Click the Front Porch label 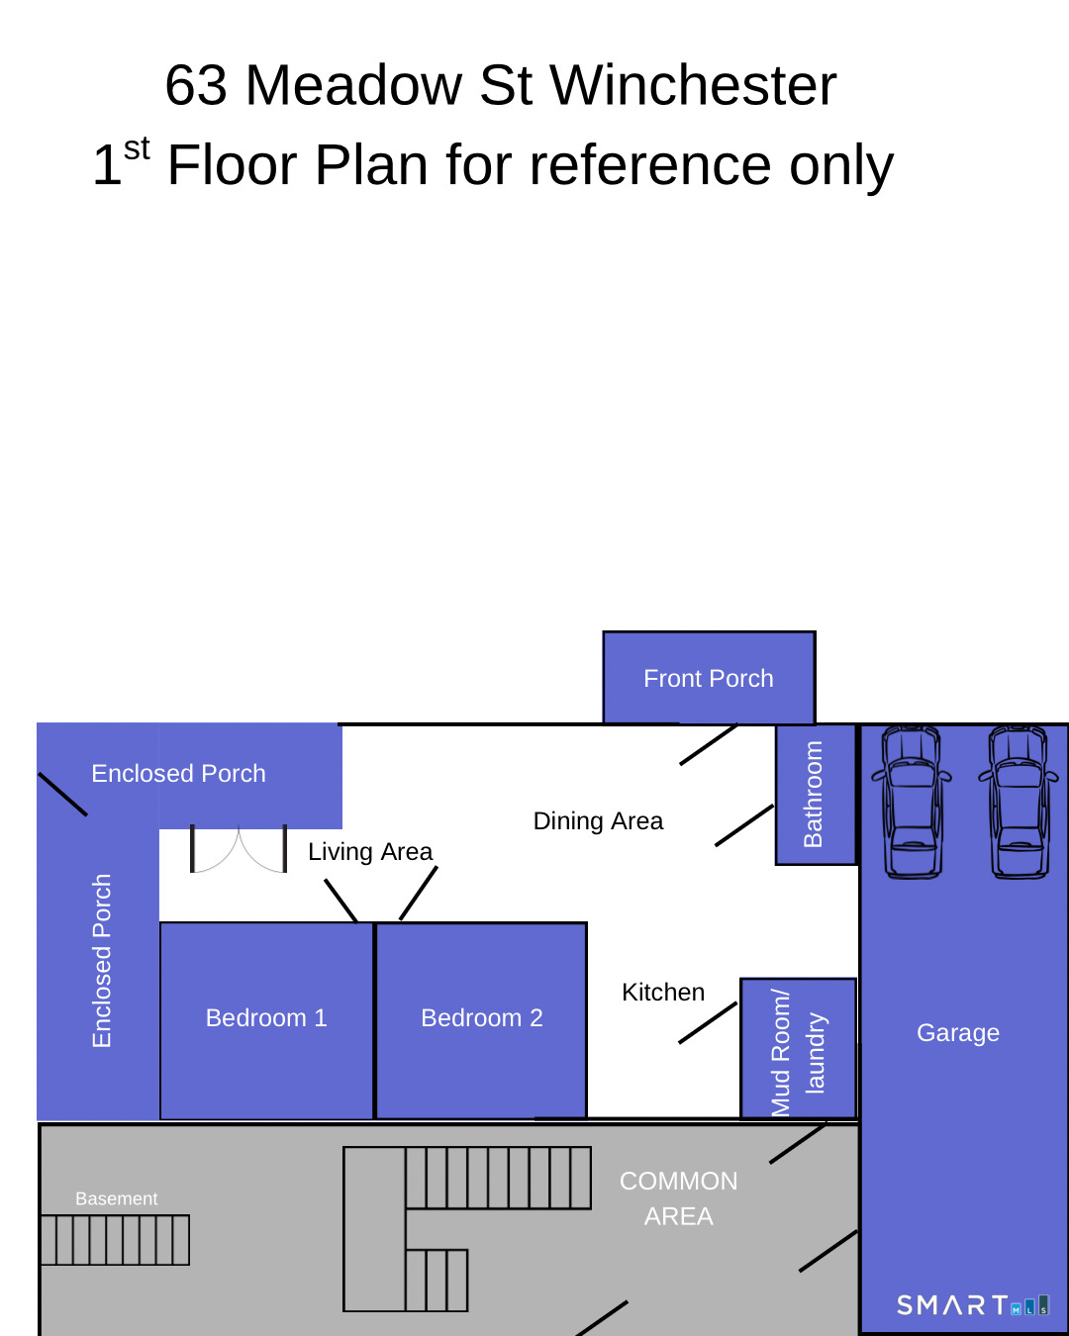[x=708, y=679]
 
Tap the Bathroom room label [x=813, y=794]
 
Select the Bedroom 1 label [x=266, y=1018]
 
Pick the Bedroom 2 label [x=482, y=1018]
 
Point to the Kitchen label [x=663, y=992]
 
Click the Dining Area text [x=598, y=820]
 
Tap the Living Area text [x=370, y=852]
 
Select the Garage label [x=958, y=1032]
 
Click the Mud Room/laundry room [x=798, y=1049]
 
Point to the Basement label [x=116, y=1198]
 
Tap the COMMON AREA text [x=678, y=1198]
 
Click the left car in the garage [x=912, y=803]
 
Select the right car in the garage [x=1019, y=803]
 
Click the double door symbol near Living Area [x=239, y=849]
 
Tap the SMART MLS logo [x=973, y=1305]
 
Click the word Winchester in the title [x=693, y=85]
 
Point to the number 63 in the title [x=196, y=85]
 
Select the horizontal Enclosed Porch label [x=178, y=774]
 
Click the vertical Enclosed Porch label [x=102, y=961]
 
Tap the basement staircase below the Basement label [x=115, y=1240]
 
